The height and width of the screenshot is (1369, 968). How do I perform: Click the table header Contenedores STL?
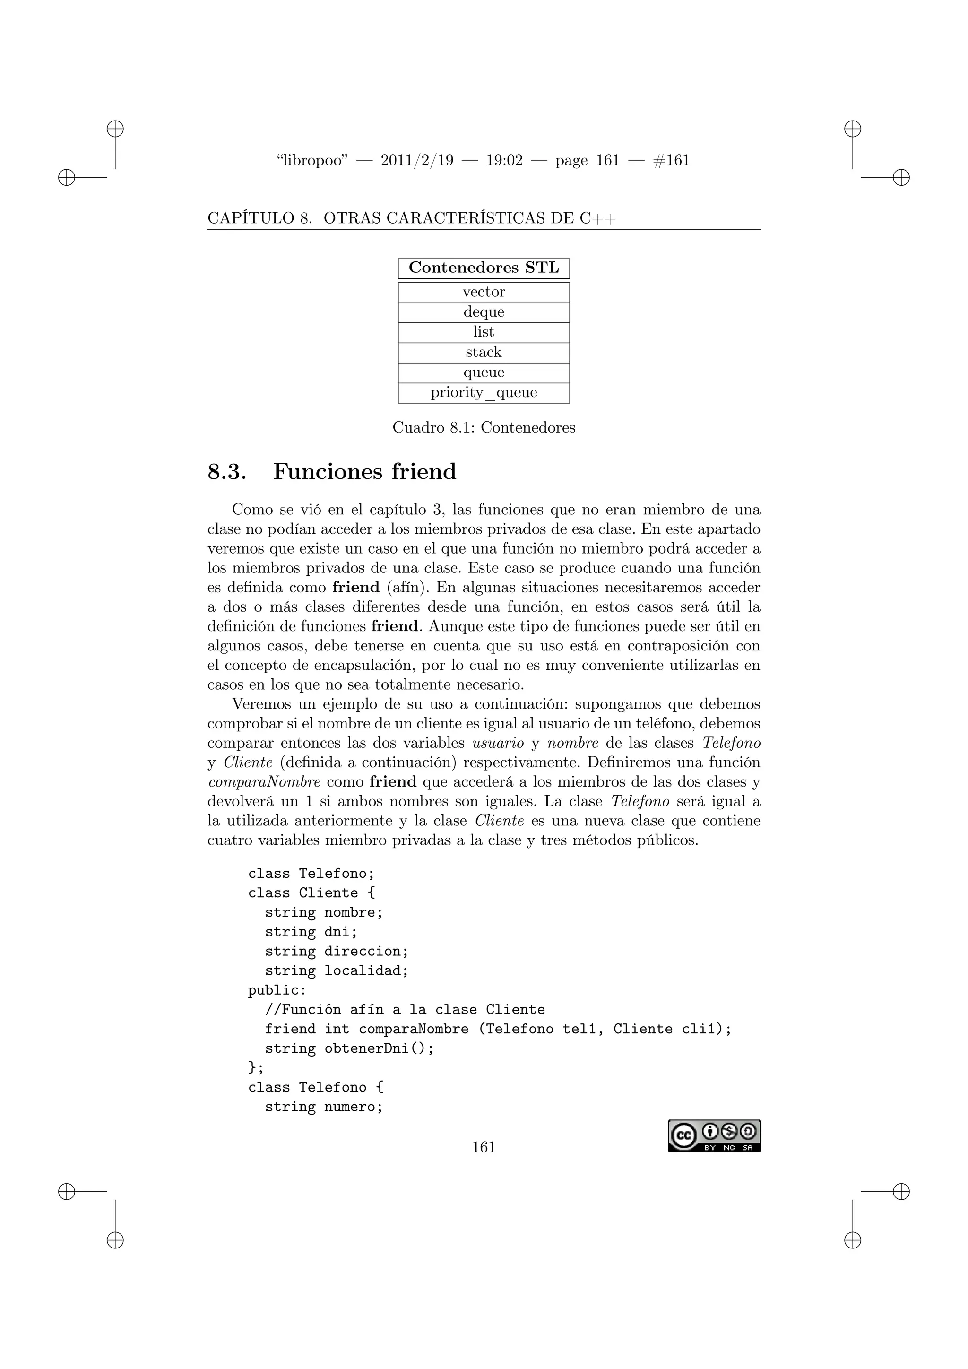484,269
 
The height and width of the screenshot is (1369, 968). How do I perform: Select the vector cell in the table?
484,292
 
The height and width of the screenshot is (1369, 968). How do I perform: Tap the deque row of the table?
484,312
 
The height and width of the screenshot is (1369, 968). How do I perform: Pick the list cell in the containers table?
484,332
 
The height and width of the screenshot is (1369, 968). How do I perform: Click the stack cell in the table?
484,352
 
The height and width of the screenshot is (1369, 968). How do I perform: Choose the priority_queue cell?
484,393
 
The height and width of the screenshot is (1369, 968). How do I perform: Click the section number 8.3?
226,472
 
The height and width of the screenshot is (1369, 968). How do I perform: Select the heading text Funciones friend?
364,472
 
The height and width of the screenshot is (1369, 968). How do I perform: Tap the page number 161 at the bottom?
484,1147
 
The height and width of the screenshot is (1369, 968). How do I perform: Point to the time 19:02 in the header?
504,160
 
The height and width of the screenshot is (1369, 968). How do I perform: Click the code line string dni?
311,932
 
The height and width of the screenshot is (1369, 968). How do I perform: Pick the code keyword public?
277,990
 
